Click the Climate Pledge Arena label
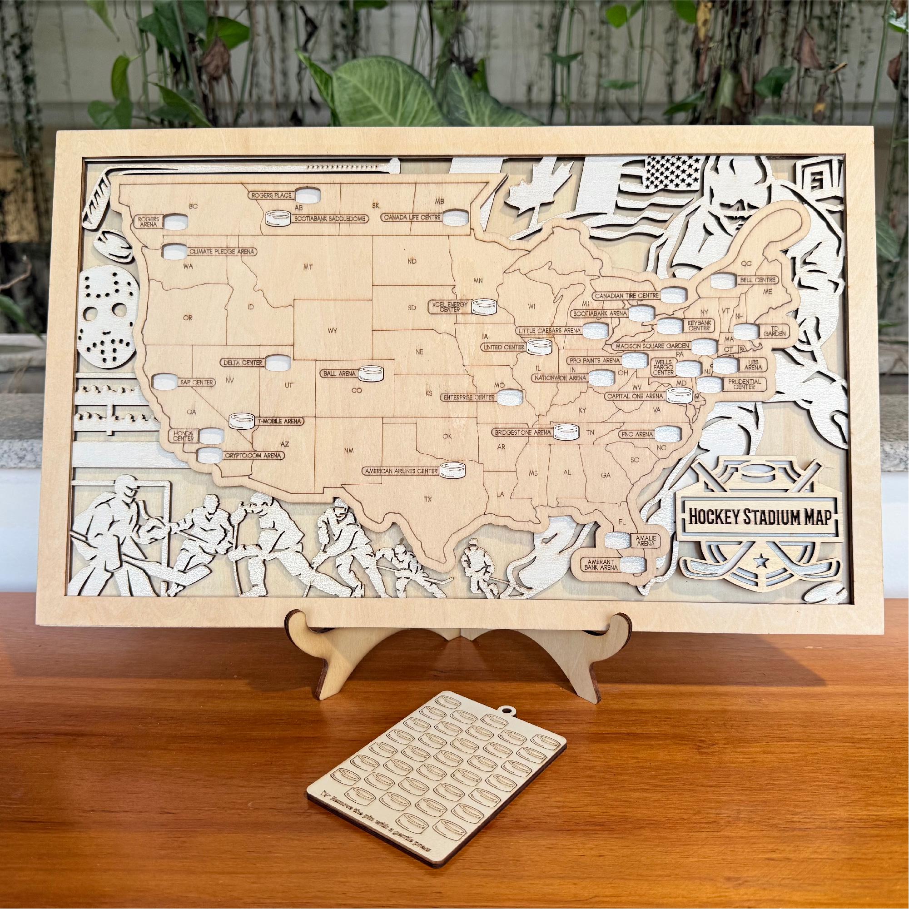pos(221,252)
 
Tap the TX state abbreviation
pos(427,498)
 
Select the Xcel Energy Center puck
pos(485,307)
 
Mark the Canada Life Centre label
pos(412,217)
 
